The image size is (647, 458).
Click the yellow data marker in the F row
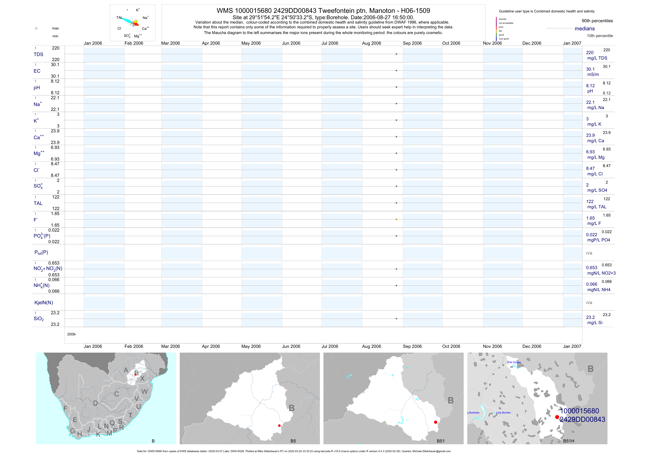click(x=396, y=219)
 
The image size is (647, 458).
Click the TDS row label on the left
click(x=38, y=55)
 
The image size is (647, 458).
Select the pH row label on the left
click(x=37, y=88)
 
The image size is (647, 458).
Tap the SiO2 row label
click(x=39, y=319)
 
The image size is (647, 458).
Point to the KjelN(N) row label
click(x=44, y=303)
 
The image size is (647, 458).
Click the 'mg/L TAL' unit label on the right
click(x=597, y=207)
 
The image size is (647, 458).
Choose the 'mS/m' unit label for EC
click(x=593, y=74)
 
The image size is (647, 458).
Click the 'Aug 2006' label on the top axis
click(x=371, y=43)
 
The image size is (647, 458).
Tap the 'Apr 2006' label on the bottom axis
click(x=211, y=346)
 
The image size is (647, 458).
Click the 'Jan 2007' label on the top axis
click(x=572, y=43)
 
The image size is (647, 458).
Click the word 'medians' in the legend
click(x=585, y=29)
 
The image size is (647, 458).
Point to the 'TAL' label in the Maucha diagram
click(x=119, y=17)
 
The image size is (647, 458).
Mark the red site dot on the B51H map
click(x=557, y=417)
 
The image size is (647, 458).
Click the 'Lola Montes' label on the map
click(x=503, y=413)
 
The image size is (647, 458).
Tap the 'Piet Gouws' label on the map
click(x=514, y=362)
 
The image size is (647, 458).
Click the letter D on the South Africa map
click(x=95, y=403)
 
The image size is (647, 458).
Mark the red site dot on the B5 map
click(x=279, y=426)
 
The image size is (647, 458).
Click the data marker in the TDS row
click(x=396, y=54)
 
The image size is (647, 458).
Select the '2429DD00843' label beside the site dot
click(x=582, y=419)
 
